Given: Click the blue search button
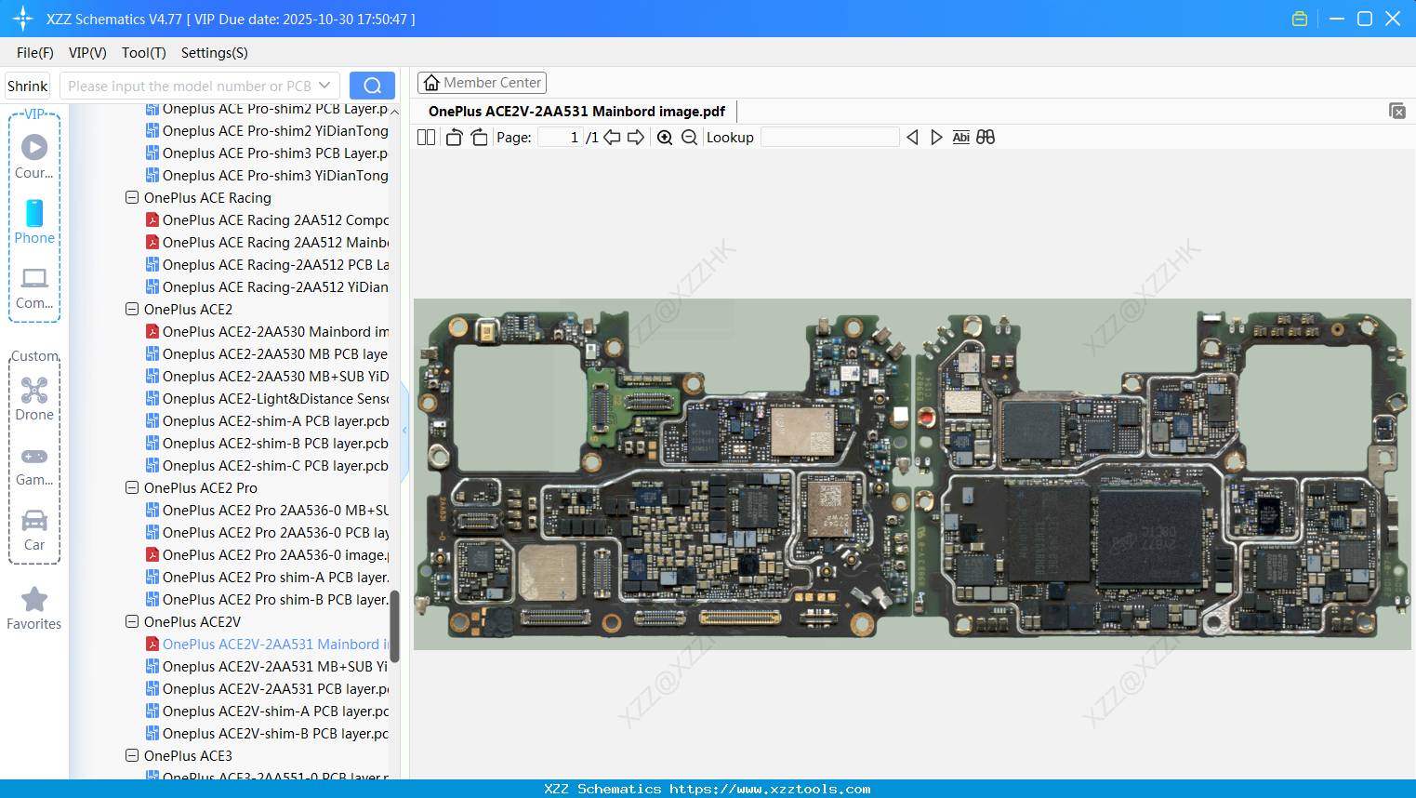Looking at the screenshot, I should [372, 86].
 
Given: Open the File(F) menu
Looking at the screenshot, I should [34, 53].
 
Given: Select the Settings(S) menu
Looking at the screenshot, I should [214, 53].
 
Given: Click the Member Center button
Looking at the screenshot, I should [482, 83].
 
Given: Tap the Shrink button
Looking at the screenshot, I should [27, 86].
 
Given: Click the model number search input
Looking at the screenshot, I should [190, 86].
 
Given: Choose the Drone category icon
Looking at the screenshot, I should [34, 391].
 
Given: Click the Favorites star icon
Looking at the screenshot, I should [34, 600].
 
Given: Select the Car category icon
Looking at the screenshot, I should [34, 521].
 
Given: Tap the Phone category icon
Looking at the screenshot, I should [34, 214].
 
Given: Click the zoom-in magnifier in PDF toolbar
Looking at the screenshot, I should [665, 138].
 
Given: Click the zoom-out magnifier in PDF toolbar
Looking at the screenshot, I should [689, 138].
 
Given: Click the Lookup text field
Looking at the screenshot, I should [829, 138].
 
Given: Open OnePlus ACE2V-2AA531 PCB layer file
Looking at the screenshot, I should [275, 689].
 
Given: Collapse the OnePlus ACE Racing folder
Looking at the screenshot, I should [132, 198].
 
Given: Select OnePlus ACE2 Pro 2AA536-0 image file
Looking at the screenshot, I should [275, 555].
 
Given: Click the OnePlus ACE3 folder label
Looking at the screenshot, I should [188, 756].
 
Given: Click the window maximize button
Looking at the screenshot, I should [1365, 19].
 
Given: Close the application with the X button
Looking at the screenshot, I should [1393, 19].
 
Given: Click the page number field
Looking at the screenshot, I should [561, 138].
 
